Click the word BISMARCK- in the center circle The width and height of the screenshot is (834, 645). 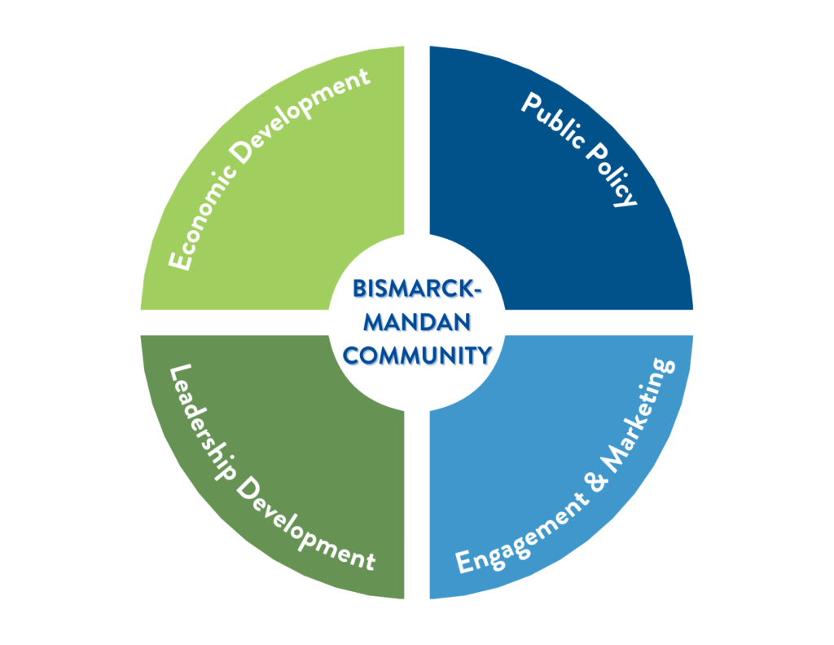[x=417, y=290]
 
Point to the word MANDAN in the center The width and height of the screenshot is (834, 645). [x=417, y=323]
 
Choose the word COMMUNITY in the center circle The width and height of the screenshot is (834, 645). [x=417, y=356]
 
